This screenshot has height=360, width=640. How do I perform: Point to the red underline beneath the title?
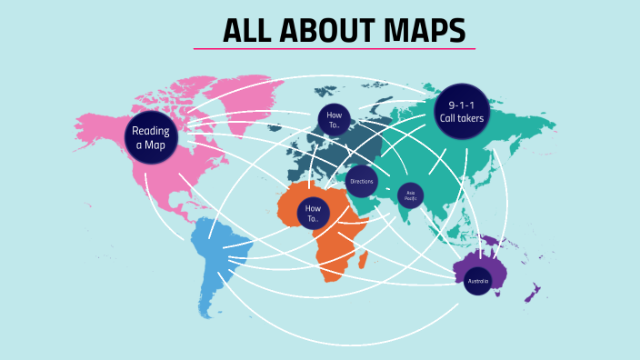(x=334, y=48)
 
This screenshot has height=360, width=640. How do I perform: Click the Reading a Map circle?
(x=150, y=138)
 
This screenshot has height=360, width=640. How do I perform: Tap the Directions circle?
(x=362, y=182)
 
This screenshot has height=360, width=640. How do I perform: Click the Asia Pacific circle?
(x=411, y=195)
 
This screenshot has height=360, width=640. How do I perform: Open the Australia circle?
(x=477, y=281)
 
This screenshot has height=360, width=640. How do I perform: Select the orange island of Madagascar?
(x=363, y=260)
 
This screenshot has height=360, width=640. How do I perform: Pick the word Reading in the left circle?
(x=151, y=131)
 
